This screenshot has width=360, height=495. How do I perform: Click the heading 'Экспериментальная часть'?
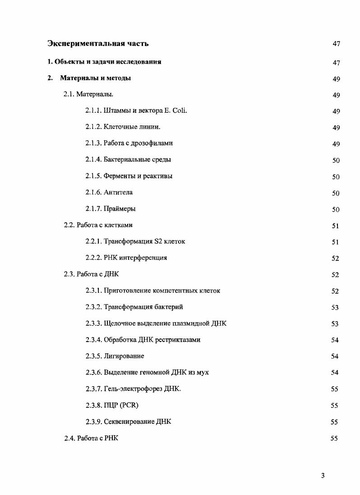coord(98,44)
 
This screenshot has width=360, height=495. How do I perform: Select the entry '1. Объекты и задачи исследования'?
coord(105,62)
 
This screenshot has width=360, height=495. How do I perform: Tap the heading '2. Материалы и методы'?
coord(89,78)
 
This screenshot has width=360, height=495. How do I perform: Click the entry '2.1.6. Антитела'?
coord(109,192)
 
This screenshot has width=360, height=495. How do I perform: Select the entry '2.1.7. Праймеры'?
coord(111,208)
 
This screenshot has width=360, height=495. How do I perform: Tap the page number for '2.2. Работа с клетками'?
coord(335,226)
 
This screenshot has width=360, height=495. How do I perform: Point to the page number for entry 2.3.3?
coord(335,324)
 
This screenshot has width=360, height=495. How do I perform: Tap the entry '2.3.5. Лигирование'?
coord(115,356)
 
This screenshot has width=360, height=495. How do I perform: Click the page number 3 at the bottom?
coord(323,476)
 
